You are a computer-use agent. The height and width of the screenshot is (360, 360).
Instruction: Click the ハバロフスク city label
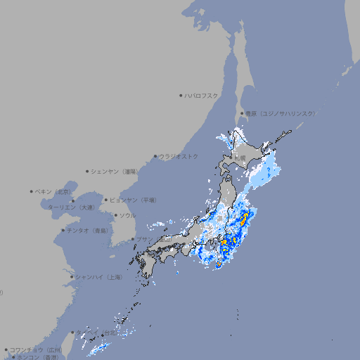pos(202,95)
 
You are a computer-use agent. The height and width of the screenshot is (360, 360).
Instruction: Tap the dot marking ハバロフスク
pos(181,95)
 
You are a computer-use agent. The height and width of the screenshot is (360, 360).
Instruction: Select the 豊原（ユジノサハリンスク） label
pos(280,113)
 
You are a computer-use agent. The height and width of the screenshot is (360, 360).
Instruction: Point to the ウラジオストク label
pos(179,156)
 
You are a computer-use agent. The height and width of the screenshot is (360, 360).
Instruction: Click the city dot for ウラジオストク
pos(155,156)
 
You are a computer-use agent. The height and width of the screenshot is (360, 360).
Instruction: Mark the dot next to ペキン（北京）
pos(32,191)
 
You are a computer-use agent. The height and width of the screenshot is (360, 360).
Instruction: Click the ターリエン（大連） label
pos(71,207)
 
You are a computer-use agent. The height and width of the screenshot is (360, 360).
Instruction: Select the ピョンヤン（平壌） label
pos(133,200)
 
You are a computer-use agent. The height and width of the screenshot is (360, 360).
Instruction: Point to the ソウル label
pos(127,215)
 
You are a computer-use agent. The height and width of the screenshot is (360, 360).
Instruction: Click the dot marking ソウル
pos(115,215)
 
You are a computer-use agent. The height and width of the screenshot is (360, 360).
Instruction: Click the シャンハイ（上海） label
pos(98,277)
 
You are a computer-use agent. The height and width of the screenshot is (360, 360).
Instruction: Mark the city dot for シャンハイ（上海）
pos(72,277)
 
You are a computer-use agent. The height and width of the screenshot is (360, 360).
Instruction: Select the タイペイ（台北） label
pos(98,332)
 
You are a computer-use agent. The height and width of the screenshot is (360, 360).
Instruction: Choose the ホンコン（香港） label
pos(36,357)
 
